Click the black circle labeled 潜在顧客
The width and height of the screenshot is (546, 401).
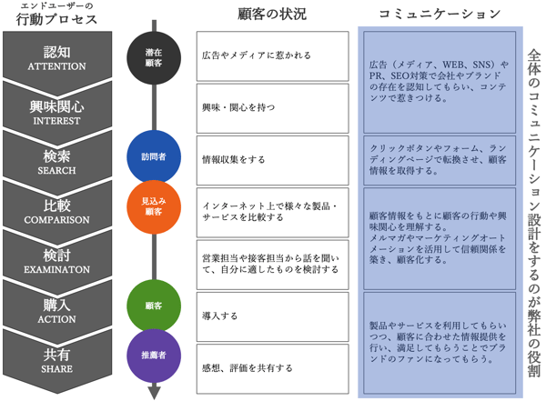coord(153,55)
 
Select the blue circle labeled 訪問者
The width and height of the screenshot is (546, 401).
coord(153,155)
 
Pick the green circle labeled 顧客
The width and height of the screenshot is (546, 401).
coord(153,306)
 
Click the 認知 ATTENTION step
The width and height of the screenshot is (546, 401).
coord(57,57)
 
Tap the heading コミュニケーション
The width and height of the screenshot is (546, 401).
coord(439,14)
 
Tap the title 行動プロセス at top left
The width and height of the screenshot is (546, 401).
coord(56,23)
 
